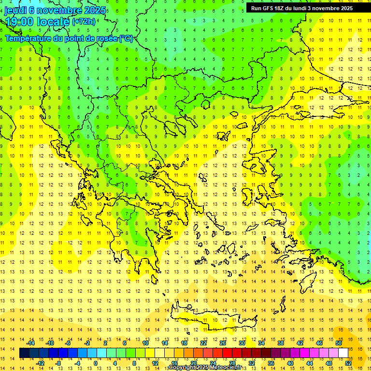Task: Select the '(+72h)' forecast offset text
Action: pos(84,22)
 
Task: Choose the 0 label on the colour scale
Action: pos(96,363)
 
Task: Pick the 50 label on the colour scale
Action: pos(339,342)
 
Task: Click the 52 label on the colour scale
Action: pos(348,363)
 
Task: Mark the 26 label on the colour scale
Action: pos(223,342)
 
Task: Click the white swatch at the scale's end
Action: pos(343,353)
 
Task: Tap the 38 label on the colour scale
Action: pos(281,342)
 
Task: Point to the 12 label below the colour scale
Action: pos(155,363)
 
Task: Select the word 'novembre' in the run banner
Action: pos(327,8)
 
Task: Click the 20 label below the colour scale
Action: pos(194,363)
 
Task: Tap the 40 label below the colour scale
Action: pos(290,363)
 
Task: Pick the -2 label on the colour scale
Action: pos(87,342)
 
